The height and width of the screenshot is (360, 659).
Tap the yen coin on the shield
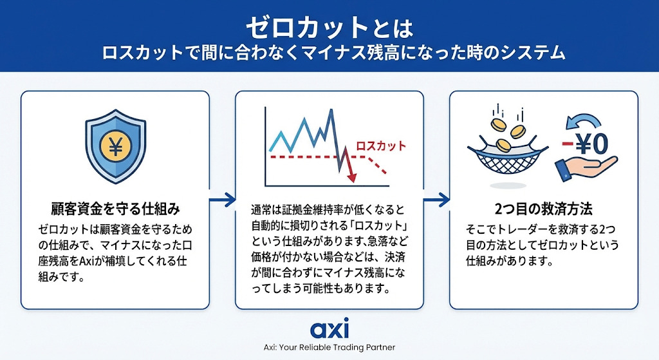tap(115, 146)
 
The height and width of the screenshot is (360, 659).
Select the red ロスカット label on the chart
tap(381, 146)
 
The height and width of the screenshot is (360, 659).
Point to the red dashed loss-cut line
tap(328, 157)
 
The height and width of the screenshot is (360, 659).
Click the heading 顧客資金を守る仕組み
tap(115, 209)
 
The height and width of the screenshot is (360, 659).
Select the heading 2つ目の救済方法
tap(543, 209)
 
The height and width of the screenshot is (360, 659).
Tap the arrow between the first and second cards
tap(222, 200)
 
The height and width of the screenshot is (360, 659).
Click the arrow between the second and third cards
tap(437, 200)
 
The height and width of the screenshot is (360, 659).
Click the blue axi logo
tap(329, 328)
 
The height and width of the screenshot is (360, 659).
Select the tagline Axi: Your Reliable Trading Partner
tap(329, 348)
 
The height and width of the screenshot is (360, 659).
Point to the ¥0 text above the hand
tap(592, 144)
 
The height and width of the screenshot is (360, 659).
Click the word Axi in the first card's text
tap(89, 261)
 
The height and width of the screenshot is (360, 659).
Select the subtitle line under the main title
tap(334, 54)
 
